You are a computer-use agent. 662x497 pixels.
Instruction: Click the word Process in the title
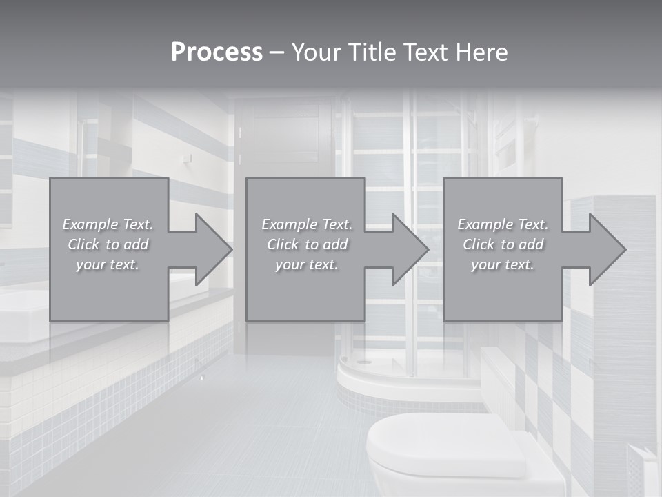click(x=217, y=52)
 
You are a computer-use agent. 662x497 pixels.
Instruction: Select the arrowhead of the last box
click(x=606, y=249)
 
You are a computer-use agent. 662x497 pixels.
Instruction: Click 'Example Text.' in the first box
click(x=108, y=224)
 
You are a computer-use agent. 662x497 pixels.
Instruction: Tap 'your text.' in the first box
click(x=108, y=264)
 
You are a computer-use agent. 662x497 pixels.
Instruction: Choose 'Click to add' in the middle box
click(x=307, y=244)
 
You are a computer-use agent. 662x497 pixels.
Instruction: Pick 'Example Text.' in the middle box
click(x=307, y=224)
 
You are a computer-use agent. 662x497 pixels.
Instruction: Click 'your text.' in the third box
click(x=503, y=264)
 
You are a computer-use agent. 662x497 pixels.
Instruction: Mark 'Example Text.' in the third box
click(x=503, y=224)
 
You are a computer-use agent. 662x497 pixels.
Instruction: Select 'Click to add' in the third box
click(x=503, y=244)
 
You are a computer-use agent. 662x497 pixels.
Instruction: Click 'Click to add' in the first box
click(x=108, y=244)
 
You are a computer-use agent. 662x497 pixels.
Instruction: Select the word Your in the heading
click(x=317, y=52)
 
